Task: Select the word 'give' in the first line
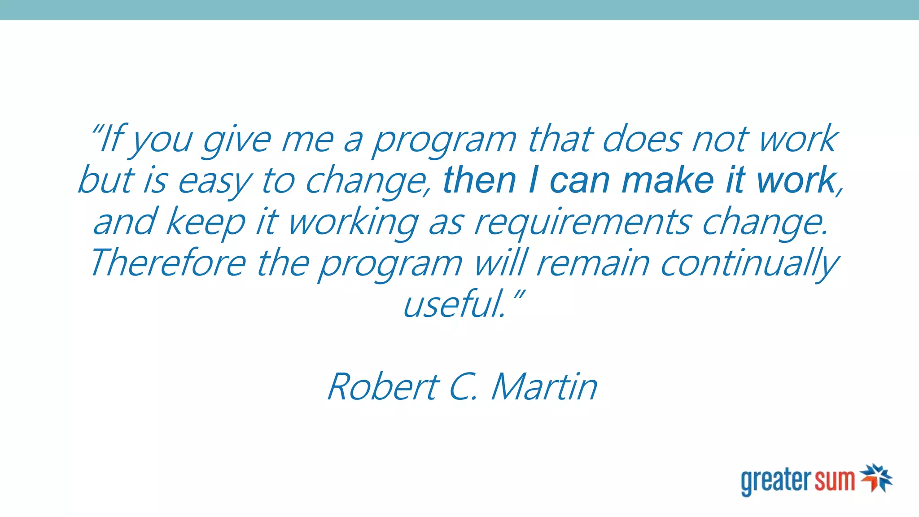click(236, 140)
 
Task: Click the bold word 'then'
click(479, 180)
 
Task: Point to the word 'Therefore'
click(168, 263)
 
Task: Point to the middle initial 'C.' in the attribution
click(462, 386)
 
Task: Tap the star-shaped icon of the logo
click(876, 478)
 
